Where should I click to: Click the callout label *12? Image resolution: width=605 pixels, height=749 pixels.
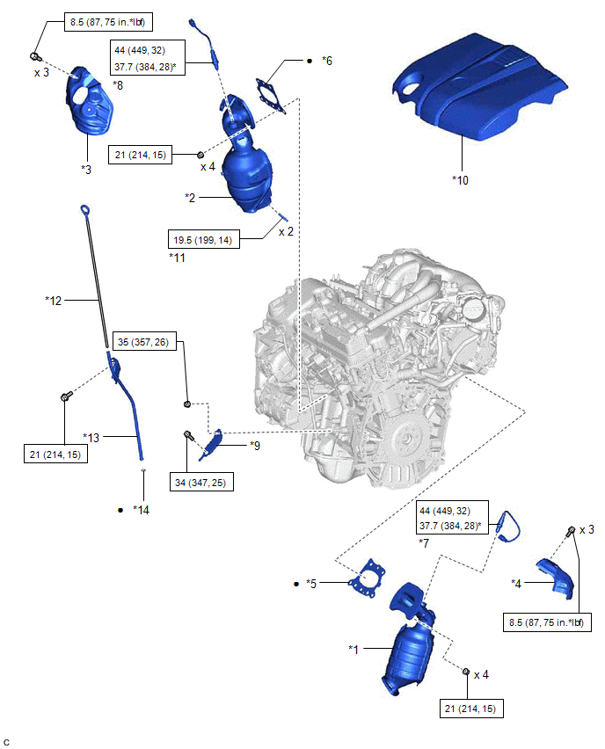pyautogui.click(x=54, y=301)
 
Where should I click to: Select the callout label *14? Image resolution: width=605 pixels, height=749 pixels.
pyautogui.click(x=142, y=509)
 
